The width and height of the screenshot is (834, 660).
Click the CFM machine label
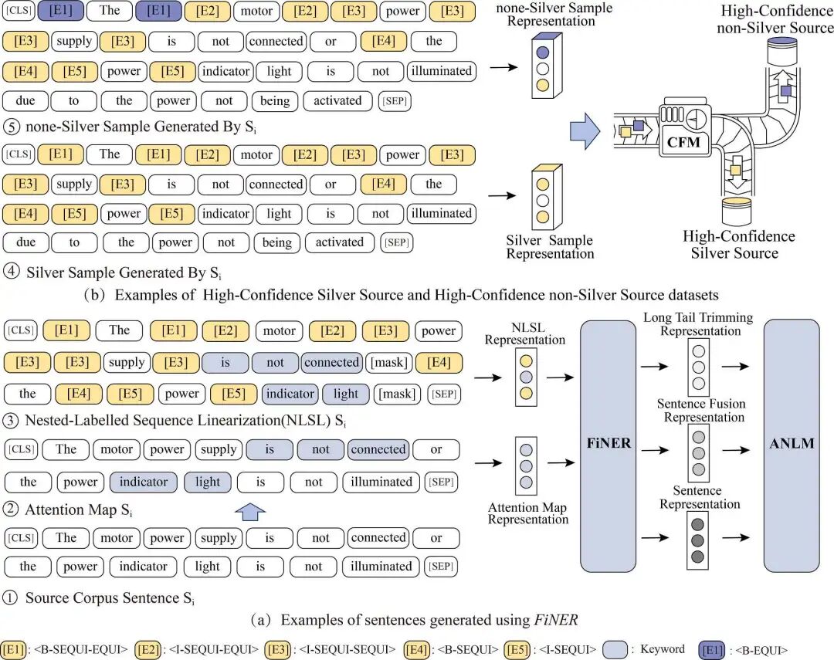pos(683,142)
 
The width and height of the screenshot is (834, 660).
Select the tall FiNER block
pos(608,445)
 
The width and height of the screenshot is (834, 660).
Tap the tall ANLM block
pos(792,445)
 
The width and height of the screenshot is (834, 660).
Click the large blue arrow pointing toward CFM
pos(585,130)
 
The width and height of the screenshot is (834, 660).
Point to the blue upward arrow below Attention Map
pos(250,512)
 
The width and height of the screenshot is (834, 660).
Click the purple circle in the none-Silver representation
pos(543,52)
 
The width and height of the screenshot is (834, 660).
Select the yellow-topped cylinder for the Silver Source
pos(737,212)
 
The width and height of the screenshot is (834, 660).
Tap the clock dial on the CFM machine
pos(696,117)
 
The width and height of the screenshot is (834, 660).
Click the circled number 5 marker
pos(11,127)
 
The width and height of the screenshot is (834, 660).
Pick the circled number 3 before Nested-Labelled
pos(11,421)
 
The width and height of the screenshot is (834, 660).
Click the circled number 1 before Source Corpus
pos(10,597)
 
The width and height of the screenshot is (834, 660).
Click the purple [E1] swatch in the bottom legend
pos(712,650)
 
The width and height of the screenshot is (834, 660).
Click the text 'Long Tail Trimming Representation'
pos(698,324)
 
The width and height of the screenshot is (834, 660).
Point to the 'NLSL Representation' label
pos(525,333)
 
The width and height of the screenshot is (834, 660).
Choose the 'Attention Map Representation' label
pos(527,514)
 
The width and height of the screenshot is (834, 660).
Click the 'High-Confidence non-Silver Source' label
pos(775,19)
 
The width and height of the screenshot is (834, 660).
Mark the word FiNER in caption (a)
pos(556,620)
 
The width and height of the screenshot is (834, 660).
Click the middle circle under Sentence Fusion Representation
pos(698,454)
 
